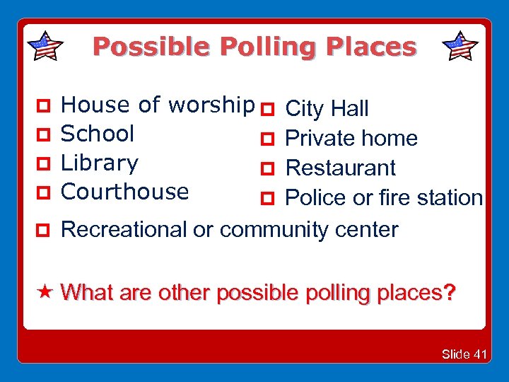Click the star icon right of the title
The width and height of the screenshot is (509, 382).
(460, 46)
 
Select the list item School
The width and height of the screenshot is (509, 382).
(98, 134)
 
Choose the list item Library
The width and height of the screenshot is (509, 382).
(100, 163)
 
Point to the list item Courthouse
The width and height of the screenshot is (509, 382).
(125, 192)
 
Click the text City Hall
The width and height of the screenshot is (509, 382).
(326, 109)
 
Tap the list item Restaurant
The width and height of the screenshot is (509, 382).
(340, 168)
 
